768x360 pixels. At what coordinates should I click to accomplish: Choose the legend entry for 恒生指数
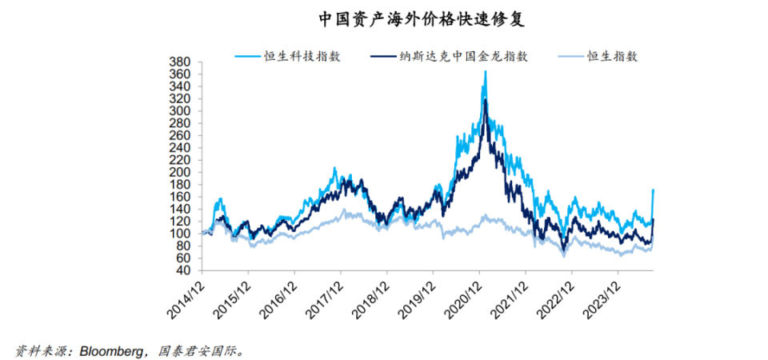(613, 56)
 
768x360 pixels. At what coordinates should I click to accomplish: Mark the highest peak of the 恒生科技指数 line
(485, 71)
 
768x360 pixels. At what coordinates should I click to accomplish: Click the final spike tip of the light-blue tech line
(654, 190)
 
